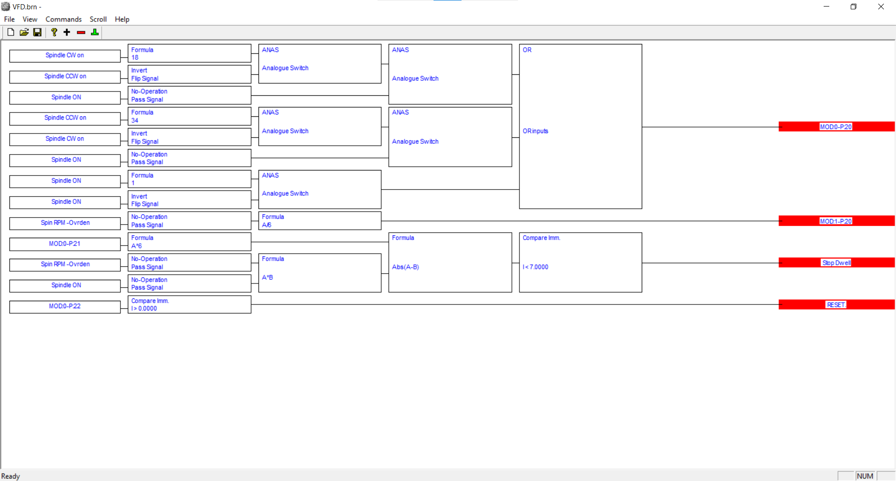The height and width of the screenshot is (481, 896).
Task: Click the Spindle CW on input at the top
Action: (x=65, y=56)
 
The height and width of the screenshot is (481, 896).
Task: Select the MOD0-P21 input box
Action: (x=65, y=244)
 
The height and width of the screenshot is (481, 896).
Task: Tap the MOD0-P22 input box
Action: (x=65, y=306)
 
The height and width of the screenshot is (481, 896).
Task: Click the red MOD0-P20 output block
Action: (x=836, y=127)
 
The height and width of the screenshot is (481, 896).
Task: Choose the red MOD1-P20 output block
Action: (x=836, y=221)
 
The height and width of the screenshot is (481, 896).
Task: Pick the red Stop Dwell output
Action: (x=836, y=262)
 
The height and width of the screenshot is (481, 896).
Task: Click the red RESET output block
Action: (x=836, y=304)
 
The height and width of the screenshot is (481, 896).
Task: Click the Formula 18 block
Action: (x=189, y=53)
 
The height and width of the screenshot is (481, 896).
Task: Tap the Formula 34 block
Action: (x=189, y=116)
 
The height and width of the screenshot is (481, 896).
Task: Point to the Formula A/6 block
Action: (x=319, y=221)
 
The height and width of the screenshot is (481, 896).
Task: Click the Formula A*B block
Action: (x=319, y=273)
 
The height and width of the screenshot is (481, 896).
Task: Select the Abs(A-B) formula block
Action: (x=450, y=262)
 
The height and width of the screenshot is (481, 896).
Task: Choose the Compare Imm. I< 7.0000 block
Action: (x=580, y=262)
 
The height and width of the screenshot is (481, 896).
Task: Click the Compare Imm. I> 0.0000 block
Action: (x=189, y=304)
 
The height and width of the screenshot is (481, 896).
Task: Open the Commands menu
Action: (x=63, y=19)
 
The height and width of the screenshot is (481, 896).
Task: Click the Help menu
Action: (x=122, y=19)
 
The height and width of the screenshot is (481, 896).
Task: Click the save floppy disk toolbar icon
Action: (x=37, y=32)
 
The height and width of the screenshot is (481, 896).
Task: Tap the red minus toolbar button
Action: (x=81, y=32)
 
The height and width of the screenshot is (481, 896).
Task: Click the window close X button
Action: (x=881, y=7)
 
